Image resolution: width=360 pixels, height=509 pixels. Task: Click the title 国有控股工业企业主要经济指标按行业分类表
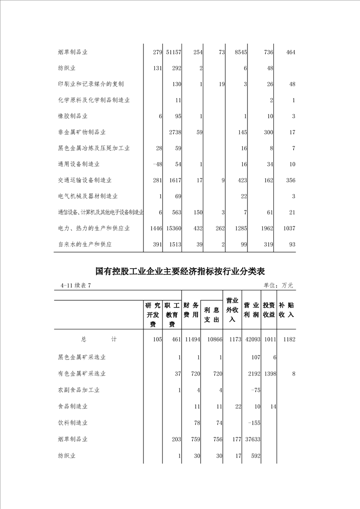tap(180, 271)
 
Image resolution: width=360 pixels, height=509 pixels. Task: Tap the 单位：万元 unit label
tap(278, 286)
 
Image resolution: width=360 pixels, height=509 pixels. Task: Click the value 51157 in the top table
tap(173, 53)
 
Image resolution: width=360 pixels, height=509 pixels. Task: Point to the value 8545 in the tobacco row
tap(239, 53)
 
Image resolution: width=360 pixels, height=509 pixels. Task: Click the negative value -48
tap(157, 164)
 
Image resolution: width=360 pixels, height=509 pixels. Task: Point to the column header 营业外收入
tap(232, 310)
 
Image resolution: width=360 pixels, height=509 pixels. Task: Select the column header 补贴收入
tap(286, 310)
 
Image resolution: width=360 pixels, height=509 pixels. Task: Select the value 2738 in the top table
tap(175, 132)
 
